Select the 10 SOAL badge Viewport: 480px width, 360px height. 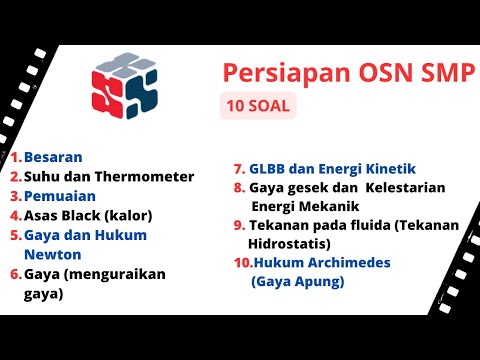click(x=258, y=106)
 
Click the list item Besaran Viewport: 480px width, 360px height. click(x=53, y=157)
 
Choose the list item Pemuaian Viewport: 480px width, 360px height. click(x=58, y=195)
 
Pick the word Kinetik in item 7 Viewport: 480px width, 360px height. click(x=387, y=168)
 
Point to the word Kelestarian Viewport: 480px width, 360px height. click(x=405, y=187)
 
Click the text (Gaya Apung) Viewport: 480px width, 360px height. click(x=298, y=282)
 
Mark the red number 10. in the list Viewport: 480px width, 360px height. click(x=241, y=263)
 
